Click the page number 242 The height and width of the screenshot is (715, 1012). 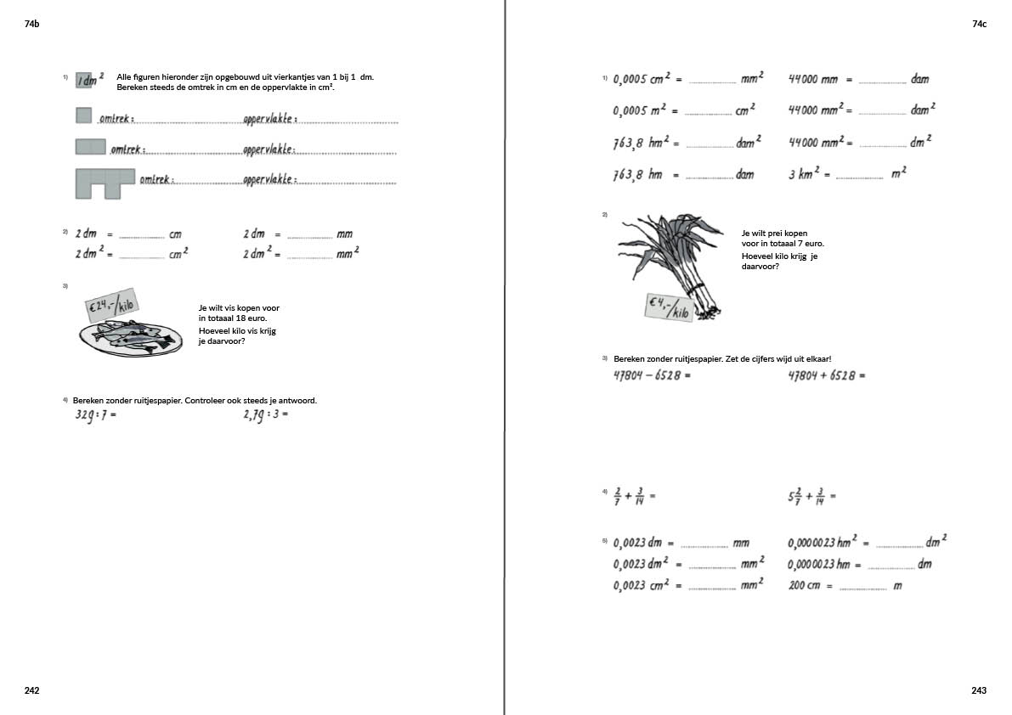(x=32, y=690)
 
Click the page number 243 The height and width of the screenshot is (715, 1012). (x=979, y=690)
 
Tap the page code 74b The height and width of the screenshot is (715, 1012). (x=32, y=25)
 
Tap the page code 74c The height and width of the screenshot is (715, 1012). (x=979, y=25)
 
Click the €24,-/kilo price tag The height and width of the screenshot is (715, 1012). (x=112, y=303)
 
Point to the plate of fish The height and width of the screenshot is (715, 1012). (x=130, y=337)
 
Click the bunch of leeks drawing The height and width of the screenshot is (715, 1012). (x=675, y=259)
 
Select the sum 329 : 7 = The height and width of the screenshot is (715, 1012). (x=94, y=415)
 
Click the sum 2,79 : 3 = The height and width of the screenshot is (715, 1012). (x=265, y=415)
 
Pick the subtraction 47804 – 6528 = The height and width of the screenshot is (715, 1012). (x=652, y=374)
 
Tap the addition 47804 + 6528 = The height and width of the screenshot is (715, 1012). (x=826, y=374)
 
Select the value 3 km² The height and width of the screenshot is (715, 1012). (x=804, y=174)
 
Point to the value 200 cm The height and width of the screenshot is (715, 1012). (x=804, y=586)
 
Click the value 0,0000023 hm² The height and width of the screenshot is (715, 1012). (x=823, y=543)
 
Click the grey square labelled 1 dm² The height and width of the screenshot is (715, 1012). (x=85, y=81)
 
